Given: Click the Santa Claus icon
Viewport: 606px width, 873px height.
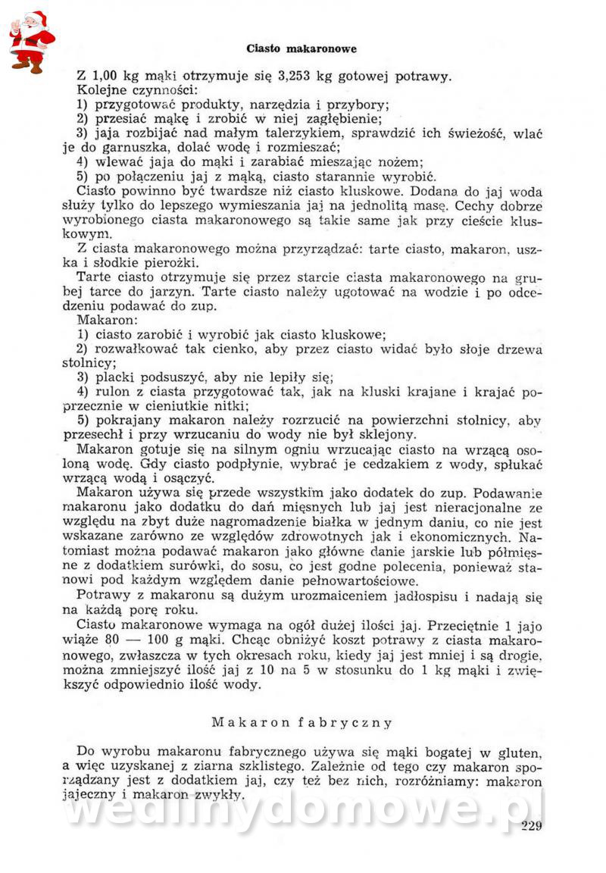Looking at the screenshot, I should coord(31,42).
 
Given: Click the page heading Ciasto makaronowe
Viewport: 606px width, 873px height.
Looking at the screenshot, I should coord(301,48).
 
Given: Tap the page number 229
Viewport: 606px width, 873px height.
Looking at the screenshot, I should coord(533,825).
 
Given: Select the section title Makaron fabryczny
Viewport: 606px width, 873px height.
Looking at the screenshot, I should coord(302,722).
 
